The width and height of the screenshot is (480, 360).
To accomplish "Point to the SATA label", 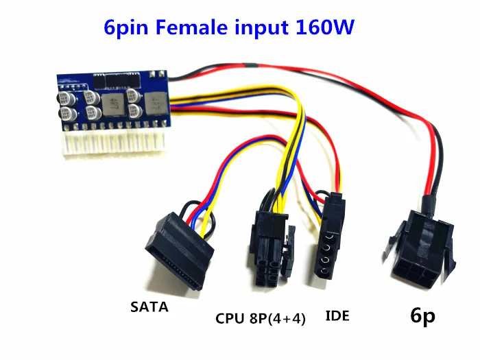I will [x=149, y=308].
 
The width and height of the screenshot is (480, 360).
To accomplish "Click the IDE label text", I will [x=335, y=316].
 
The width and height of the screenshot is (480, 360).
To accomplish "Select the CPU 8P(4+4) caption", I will [x=260, y=317].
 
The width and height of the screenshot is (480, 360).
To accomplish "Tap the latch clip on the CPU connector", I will [x=291, y=247].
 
